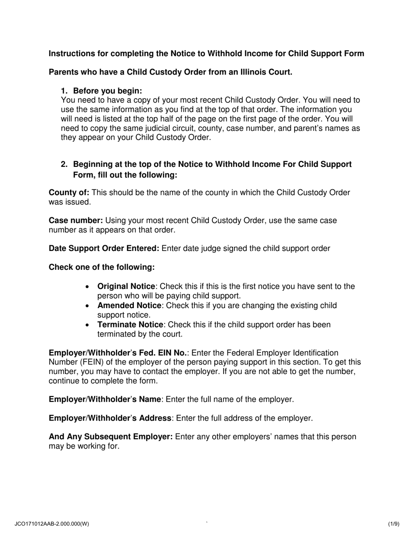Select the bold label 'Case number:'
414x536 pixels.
76,221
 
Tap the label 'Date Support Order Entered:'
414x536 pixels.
104,248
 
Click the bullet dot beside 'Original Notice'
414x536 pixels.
88,287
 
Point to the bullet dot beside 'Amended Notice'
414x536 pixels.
88,306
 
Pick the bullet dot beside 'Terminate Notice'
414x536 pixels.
88,325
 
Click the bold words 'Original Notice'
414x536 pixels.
126,286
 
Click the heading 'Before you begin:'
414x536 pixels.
108,91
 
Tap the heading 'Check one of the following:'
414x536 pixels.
102,267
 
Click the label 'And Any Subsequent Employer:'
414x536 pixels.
111,437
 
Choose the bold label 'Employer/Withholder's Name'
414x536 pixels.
105,399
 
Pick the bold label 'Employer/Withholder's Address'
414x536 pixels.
110,418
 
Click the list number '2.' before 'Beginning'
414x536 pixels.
64,164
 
